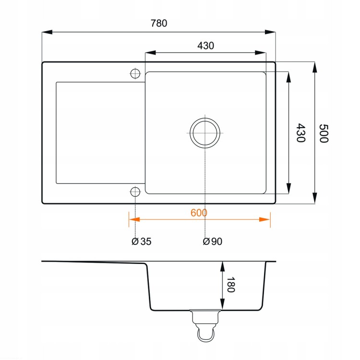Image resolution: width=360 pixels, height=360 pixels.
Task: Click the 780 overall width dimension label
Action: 159,23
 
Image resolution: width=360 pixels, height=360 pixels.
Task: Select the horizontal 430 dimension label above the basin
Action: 206,46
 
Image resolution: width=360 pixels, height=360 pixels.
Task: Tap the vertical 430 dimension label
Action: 301,132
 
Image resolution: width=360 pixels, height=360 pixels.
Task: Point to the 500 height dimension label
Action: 324,133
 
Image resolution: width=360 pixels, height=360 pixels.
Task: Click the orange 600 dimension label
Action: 199,213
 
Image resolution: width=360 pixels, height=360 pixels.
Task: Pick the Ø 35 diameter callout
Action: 142,241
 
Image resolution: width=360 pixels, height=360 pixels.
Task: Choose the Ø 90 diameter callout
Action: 213,241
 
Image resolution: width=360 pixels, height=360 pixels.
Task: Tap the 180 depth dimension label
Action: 231,285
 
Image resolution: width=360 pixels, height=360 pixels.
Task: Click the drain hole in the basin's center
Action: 205,133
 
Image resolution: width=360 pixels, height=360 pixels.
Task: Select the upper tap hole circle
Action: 135,74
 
